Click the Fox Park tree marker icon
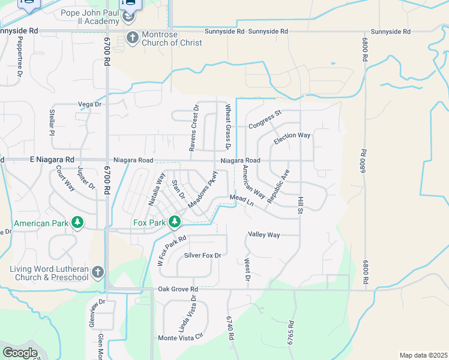(x=175, y=223)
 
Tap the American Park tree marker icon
(x=77, y=223)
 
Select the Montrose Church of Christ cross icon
(x=132, y=38)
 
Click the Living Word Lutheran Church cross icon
(x=98, y=273)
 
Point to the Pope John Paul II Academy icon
(x=128, y=17)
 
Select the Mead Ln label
(x=242, y=200)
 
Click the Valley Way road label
(x=264, y=235)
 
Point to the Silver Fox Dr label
(x=203, y=256)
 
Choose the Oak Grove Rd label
(x=178, y=289)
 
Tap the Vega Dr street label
(x=90, y=104)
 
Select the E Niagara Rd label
(x=52, y=160)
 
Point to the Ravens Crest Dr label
(x=194, y=128)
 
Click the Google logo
(x=20, y=353)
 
